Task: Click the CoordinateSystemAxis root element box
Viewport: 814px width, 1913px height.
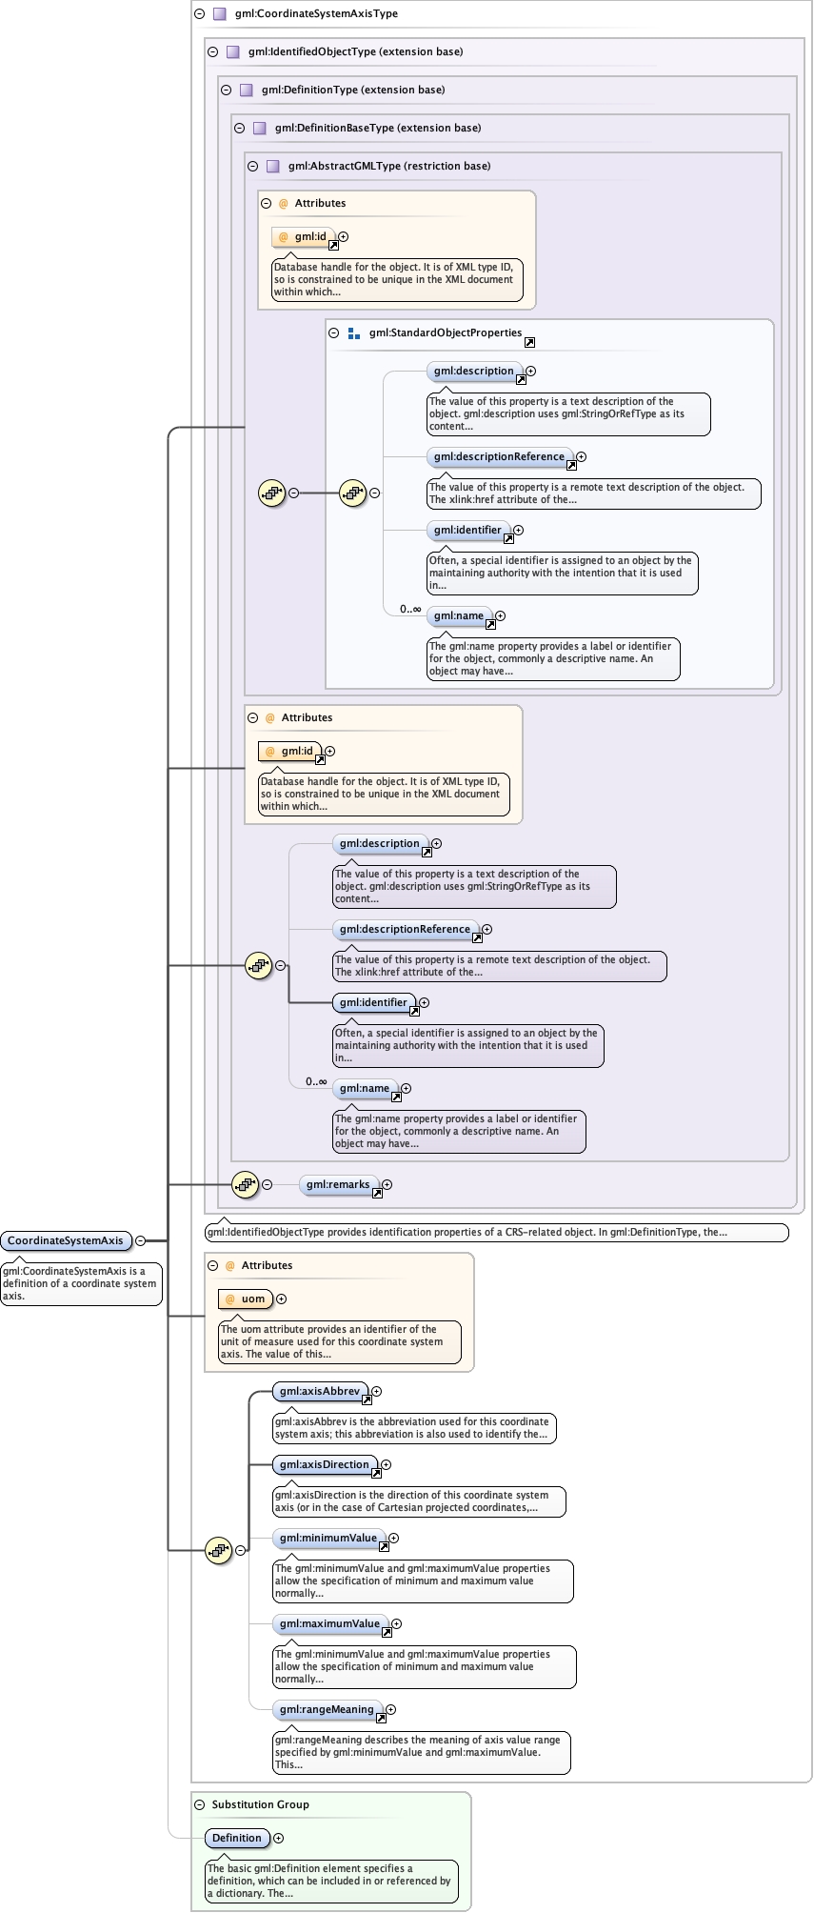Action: coord(66,1240)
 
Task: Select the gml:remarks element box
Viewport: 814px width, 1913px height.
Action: coord(338,1184)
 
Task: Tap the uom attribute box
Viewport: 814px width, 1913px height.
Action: coord(246,1299)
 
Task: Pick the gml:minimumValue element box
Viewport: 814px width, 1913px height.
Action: coord(328,1538)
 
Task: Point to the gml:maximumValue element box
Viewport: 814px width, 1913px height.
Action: coord(329,1623)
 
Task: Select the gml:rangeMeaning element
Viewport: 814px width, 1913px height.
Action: coord(327,1709)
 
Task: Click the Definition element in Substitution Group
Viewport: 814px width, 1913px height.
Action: coord(237,1838)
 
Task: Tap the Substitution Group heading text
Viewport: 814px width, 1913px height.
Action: coord(260,1804)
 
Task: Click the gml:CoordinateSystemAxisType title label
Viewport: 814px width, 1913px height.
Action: coord(316,13)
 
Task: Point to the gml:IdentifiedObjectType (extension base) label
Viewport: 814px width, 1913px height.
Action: coord(355,51)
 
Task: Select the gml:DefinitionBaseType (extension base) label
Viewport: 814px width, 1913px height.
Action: coord(377,128)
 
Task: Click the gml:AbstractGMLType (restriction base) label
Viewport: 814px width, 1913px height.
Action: coord(388,166)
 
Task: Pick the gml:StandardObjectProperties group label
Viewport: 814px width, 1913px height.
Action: coord(445,332)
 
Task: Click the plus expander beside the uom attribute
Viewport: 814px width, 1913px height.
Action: coord(281,1299)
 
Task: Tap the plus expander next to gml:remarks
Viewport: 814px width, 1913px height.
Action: coord(387,1184)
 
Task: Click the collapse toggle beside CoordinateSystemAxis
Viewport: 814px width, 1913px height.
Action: coord(140,1240)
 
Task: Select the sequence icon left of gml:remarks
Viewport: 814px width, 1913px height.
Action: coord(245,1184)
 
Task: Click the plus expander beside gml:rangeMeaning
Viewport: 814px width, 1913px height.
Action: coord(390,1709)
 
